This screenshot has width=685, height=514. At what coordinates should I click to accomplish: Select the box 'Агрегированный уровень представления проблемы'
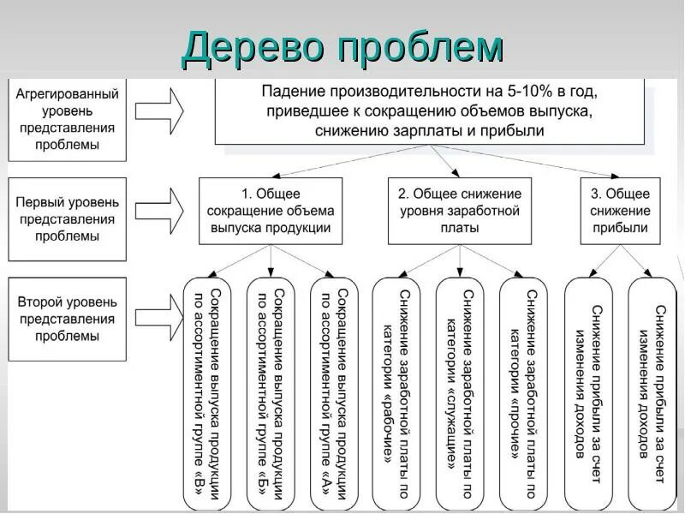click(68, 119)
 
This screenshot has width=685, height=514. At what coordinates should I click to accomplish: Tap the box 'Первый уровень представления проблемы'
click(68, 218)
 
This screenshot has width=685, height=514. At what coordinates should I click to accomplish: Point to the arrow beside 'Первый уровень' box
click(160, 208)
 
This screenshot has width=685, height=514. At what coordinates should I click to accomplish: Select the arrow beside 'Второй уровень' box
click(160, 308)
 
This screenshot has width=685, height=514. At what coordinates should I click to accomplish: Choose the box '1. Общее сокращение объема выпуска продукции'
click(271, 211)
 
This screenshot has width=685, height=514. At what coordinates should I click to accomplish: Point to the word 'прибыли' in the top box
click(514, 131)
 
